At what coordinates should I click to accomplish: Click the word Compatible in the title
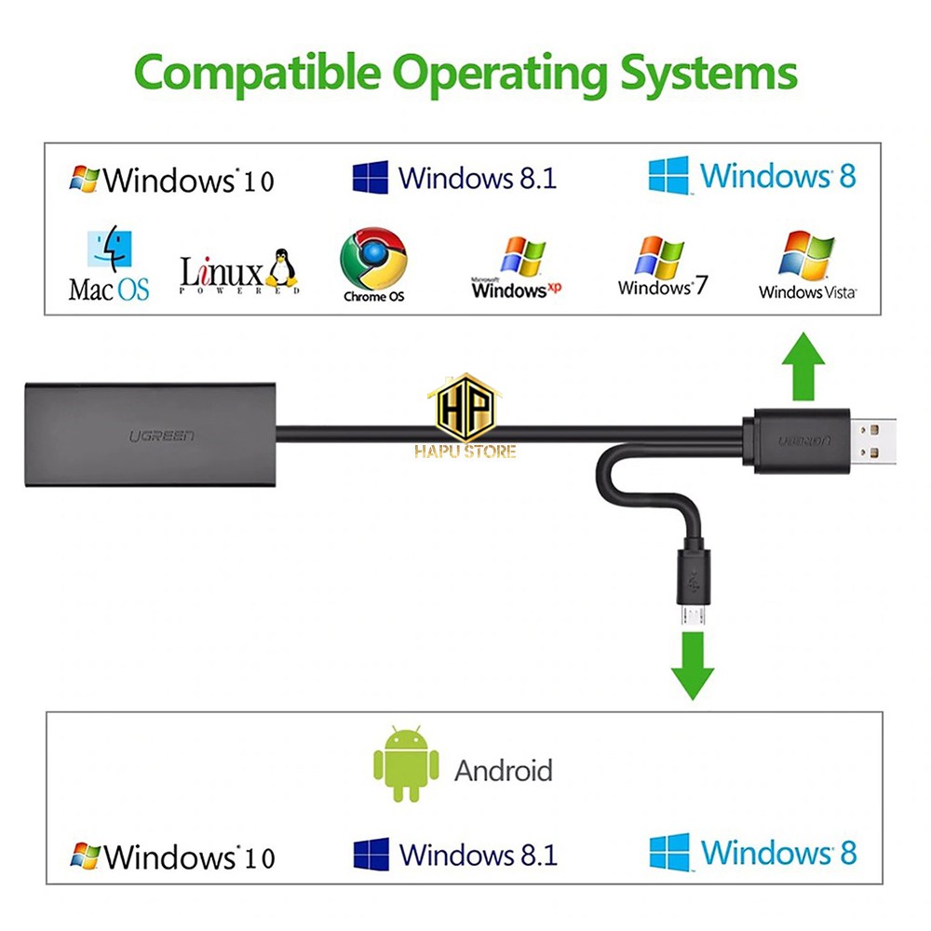click(257, 73)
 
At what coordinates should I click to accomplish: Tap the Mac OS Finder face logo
click(109, 249)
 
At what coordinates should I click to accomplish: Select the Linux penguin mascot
click(281, 268)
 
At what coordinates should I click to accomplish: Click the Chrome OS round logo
click(373, 259)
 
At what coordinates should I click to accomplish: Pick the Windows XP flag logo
click(523, 257)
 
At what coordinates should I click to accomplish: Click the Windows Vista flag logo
click(805, 255)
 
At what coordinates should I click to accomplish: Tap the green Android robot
click(406, 763)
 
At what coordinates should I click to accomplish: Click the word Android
click(504, 771)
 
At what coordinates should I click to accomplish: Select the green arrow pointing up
click(803, 366)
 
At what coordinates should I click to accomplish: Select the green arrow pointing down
click(693, 666)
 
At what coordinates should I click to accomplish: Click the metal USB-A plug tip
click(873, 440)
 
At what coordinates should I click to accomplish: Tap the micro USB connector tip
click(693, 615)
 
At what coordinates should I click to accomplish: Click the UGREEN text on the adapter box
click(162, 437)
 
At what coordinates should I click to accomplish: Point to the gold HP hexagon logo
click(465, 408)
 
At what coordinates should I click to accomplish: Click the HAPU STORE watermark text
click(465, 452)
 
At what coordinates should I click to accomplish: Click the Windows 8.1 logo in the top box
click(370, 177)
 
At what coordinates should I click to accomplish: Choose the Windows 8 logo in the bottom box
click(669, 852)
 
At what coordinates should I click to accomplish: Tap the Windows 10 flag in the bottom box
click(85, 856)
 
